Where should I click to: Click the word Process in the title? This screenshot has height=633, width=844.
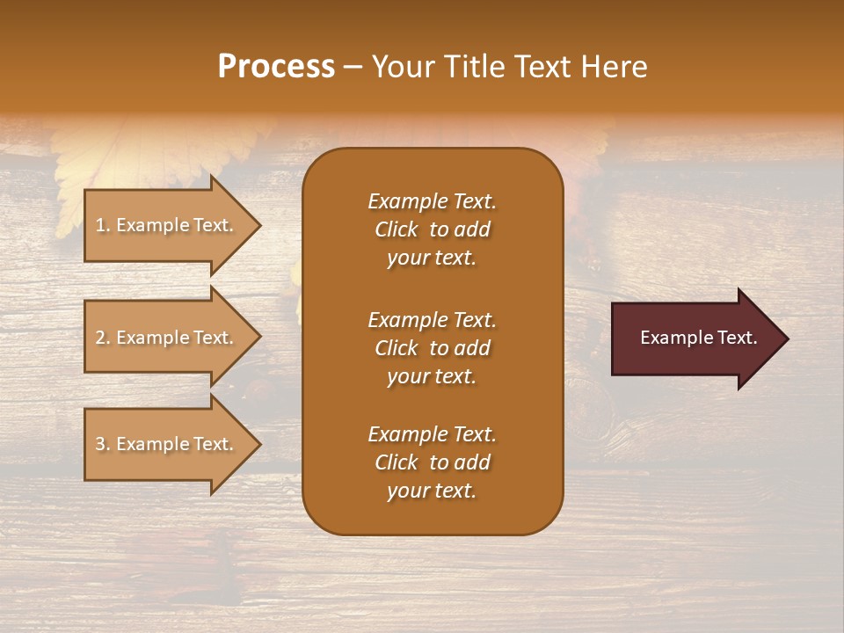click(x=276, y=67)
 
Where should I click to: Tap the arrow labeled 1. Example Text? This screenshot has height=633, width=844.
click(x=167, y=225)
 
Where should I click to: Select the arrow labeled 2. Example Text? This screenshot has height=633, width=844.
click(x=167, y=338)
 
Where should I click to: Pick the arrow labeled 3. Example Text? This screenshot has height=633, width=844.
click(x=167, y=444)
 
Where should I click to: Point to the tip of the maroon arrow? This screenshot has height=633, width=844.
click(x=785, y=338)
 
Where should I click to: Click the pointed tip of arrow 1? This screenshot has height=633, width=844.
click(x=258, y=225)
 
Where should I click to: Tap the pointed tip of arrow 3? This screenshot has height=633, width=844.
click(x=258, y=444)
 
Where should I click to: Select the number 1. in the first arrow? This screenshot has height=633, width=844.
click(x=102, y=225)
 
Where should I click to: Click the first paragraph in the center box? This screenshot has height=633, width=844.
click(x=432, y=229)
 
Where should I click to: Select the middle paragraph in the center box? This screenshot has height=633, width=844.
click(x=432, y=348)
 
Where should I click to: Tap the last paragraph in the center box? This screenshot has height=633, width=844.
click(x=432, y=462)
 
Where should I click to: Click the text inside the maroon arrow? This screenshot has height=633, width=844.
click(x=698, y=338)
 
